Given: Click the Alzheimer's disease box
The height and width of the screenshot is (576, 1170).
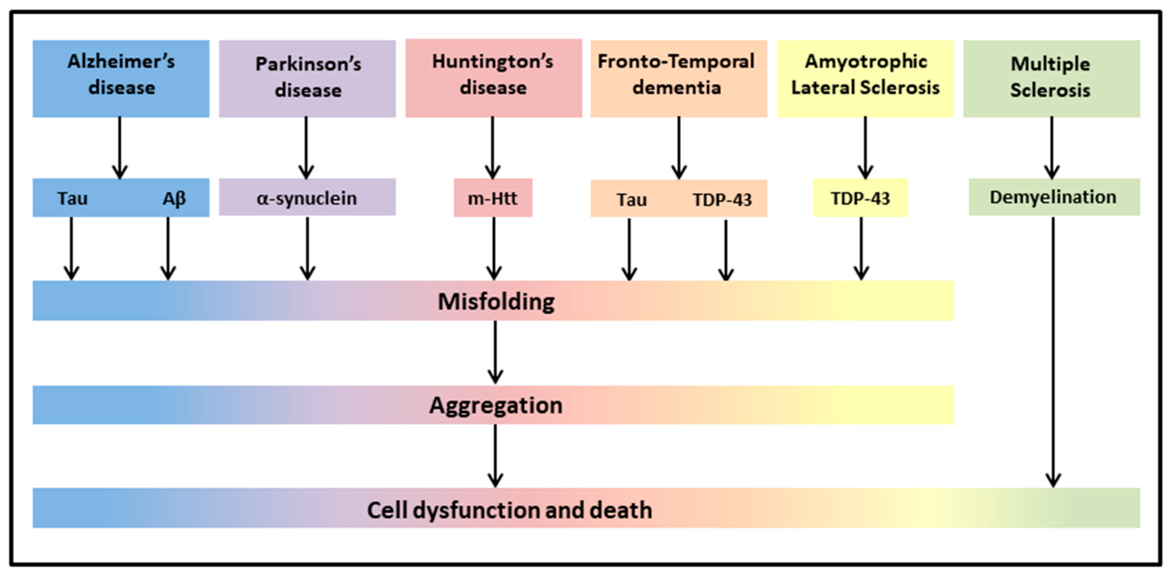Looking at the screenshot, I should (x=121, y=79).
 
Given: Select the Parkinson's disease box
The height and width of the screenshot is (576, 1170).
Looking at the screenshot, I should (x=308, y=79).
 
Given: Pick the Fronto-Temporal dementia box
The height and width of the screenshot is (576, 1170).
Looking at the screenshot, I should (x=679, y=79).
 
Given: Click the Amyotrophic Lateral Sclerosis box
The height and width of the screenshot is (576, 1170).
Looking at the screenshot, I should (x=865, y=79).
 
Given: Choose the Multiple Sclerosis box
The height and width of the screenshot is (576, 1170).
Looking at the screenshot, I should (x=1052, y=79).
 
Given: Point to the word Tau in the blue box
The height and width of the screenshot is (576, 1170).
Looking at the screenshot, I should (x=72, y=198).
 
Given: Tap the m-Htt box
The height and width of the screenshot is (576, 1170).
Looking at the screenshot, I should (x=493, y=198).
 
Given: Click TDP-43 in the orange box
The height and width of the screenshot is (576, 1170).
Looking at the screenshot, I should (x=722, y=200).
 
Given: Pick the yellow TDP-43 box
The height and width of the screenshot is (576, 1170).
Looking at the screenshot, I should (x=860, y=198).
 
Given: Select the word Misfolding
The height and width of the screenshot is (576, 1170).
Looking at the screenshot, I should (x=496, y=301).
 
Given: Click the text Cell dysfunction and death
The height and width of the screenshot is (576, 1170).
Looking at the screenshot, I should (x=510, y=510).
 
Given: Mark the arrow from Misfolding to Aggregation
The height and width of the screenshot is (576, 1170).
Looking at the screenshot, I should (x=495, y=352).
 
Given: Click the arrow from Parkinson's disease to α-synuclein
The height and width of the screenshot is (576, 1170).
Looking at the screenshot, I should (x=306, y=148).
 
